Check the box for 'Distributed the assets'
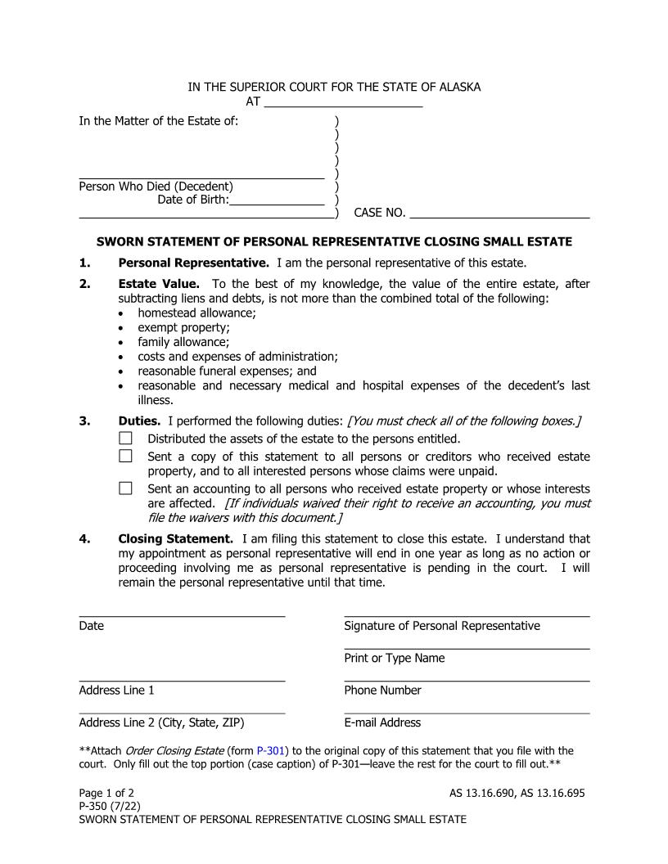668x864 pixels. click(x=125, y=439)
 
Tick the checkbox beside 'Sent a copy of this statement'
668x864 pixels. click(x=125, y=457)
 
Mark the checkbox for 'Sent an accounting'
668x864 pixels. click(x=125, y=488)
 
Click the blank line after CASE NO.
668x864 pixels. click(x=499, y=214)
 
